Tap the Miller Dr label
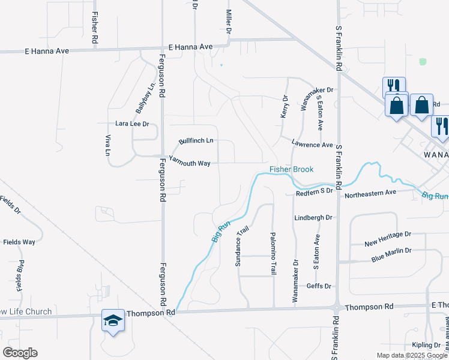point(229,22)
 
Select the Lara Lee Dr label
point(131,124)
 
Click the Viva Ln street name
point(109,145)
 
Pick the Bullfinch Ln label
point(196,141)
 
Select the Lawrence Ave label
point(312,145)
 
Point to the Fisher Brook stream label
point(291,169)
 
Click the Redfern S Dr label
point(314,191)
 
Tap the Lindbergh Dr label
point(313,217)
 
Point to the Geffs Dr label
point(319,286)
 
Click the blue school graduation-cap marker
point(113,321)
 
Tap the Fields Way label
point(19,242)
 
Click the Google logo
point(20,353)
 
